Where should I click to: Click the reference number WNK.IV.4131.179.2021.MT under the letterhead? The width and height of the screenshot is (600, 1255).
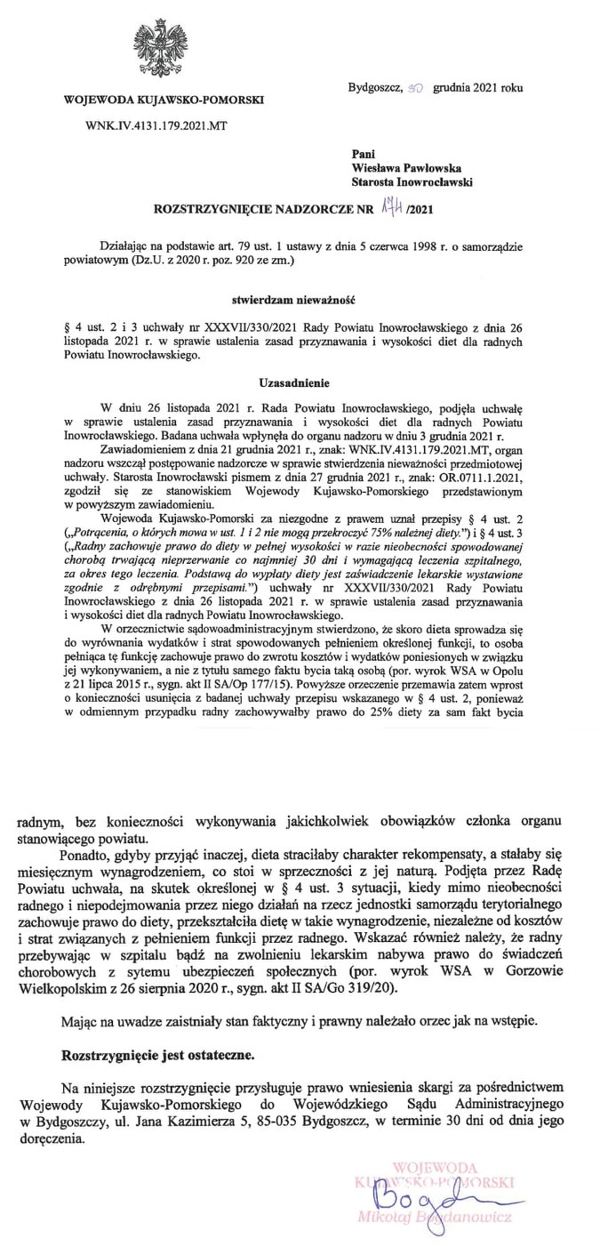pos(156,126)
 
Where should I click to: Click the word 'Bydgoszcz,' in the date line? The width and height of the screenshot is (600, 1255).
pos(374,88)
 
